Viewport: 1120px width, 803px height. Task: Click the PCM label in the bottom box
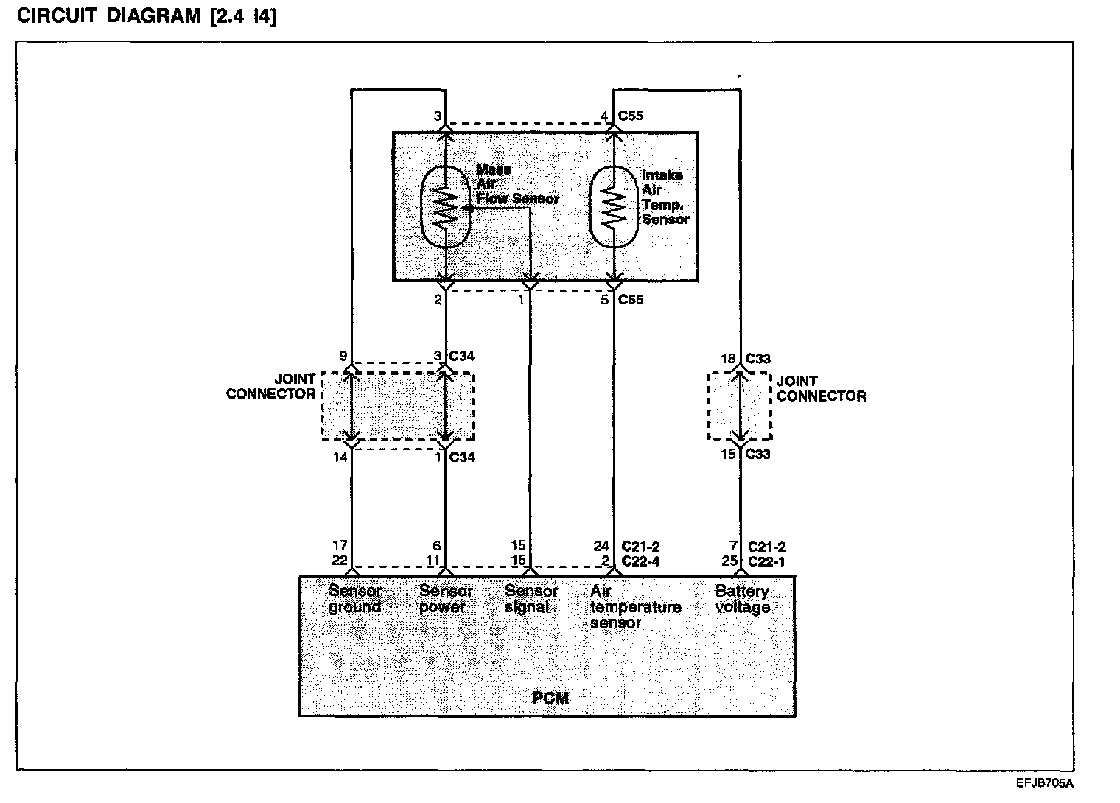(x=550, y=697)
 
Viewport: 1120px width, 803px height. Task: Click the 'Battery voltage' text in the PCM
(x=743, y=599)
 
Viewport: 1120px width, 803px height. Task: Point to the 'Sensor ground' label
(x=355, y=599)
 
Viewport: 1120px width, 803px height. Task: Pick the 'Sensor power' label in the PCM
(x=446, y=599)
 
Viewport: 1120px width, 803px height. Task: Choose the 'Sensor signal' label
(x=531, y=599)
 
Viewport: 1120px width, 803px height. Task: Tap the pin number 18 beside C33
(x=728, y=359)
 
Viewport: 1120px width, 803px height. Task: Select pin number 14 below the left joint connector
(x=340, y=457)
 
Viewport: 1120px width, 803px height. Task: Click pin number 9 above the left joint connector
(x=343, y=357)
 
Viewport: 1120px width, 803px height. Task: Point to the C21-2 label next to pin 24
(x=640, y=547)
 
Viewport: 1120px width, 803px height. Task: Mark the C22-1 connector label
(x=766, y=561)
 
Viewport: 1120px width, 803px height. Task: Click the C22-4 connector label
(x=640, y=561)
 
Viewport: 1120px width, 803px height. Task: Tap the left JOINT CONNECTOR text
(x=271, y=387)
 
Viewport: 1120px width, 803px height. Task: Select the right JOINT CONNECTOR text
(x=821, y=388)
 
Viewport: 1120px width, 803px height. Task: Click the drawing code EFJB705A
(x=1044, y=783)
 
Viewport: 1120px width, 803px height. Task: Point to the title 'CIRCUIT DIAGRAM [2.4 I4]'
(x=147, y=16)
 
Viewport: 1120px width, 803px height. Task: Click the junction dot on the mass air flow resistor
(x=469, y=208)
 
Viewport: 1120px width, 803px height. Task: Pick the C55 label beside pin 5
(x=631, y=300)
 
